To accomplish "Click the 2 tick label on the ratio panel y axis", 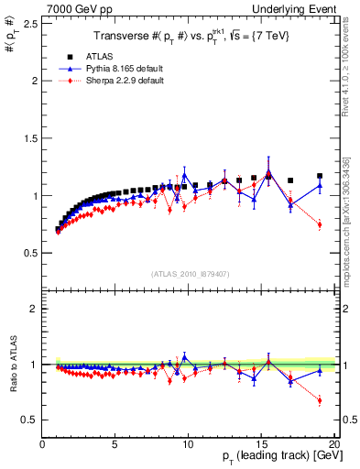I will click(x=34, y=309).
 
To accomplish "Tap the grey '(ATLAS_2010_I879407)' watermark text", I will click(x=190, y=274).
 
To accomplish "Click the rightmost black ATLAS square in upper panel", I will click(x=320, y=176).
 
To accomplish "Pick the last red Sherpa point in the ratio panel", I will click(x=320, y=400).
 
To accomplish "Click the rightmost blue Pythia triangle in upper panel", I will click(x=320, y=185).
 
